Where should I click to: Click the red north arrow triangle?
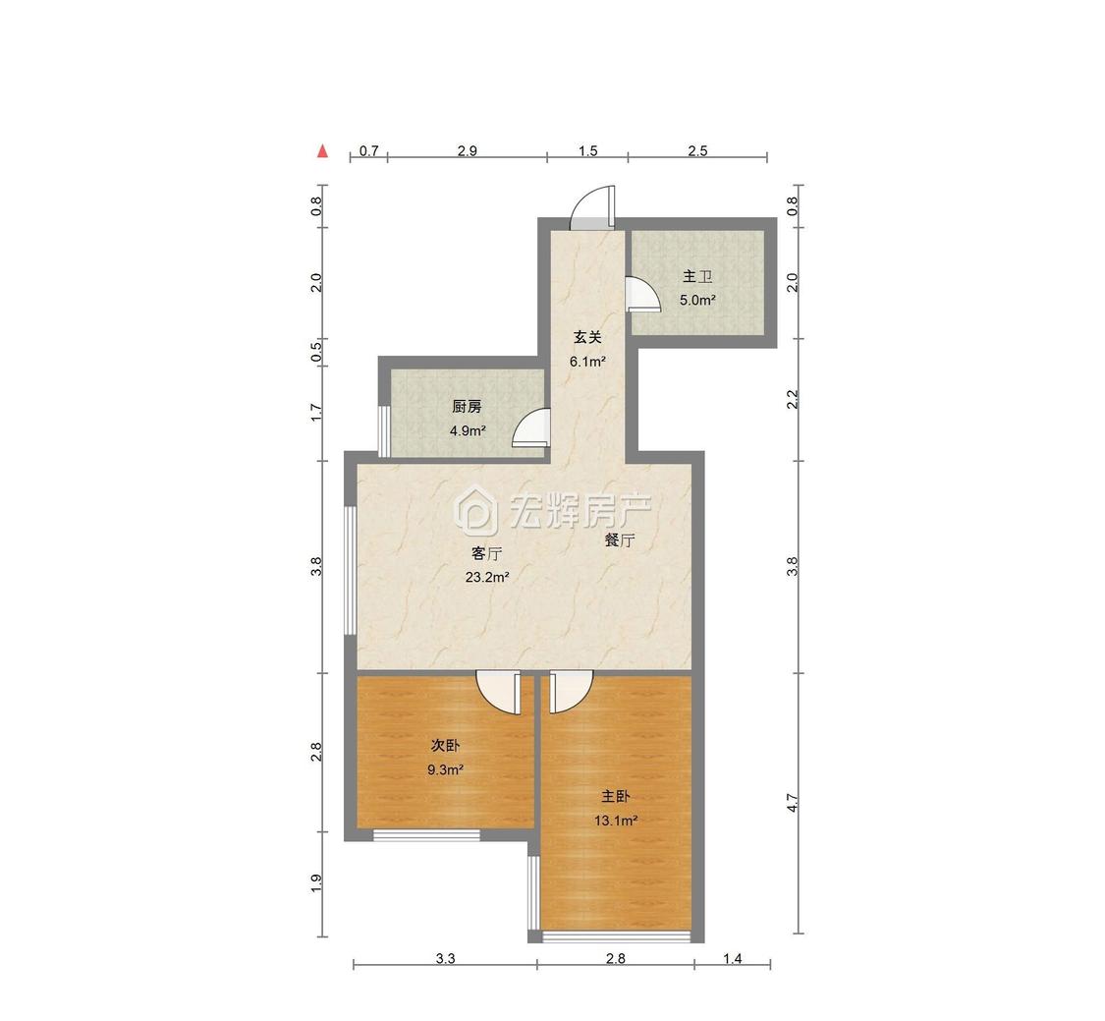[323, 151]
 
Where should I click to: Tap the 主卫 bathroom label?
[697, 277]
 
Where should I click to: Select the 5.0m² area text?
[697, 301]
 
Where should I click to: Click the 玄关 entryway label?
[587, 338]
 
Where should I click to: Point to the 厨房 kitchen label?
[467, 407]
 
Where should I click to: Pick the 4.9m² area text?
[468, 430]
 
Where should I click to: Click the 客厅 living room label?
[486, 553]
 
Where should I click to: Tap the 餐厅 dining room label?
[620, 540]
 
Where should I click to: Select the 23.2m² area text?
[487, 578]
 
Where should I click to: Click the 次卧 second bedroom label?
[445, 745]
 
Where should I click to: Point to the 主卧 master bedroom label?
[615, 797]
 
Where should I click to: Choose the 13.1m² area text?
[616, 821]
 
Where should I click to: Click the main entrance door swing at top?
[593, 207]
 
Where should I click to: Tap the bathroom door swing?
[642, 294]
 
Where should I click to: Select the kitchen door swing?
[531, 428]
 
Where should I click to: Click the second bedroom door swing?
[499, 693]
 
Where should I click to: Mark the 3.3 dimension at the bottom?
[445, 958]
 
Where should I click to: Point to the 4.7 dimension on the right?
[792, 803]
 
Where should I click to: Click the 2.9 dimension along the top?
[468, 151]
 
